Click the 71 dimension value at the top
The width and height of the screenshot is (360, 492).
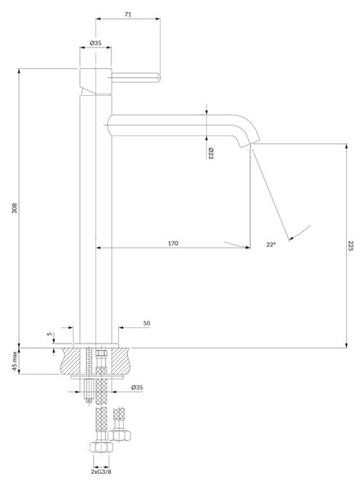(128, 14)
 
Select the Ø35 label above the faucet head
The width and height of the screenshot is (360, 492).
(95, 43)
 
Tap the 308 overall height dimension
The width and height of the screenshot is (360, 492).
(15, 208)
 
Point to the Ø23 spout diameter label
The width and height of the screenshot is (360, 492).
(210, 153)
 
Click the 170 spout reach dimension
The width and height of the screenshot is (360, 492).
(173, 244)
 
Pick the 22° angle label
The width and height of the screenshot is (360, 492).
(271, 244)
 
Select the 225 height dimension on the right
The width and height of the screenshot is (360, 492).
(351, 246)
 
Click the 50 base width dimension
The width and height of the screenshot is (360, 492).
(147, 323)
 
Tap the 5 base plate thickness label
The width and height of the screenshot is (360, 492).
(49, 335)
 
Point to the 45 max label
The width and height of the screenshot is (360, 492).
(15, 361)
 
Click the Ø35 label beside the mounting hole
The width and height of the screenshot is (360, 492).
(137, 388)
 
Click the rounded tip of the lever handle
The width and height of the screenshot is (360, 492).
(159, 77)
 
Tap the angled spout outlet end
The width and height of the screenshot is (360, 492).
(250, 143)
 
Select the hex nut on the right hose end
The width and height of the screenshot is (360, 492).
(119, 435)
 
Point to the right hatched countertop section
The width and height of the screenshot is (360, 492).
(121, 361)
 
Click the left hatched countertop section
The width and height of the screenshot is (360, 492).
(71, 361)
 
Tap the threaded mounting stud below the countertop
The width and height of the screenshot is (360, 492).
(89, 389)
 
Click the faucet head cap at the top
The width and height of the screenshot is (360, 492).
(96, 81)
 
